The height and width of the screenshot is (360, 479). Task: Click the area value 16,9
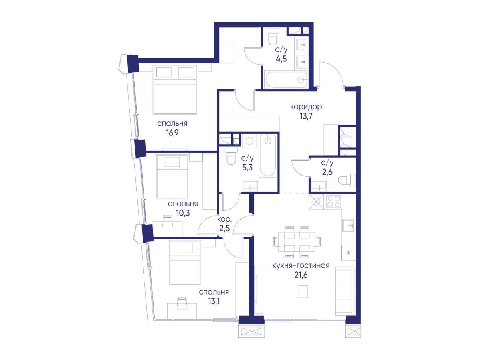coord(172,133)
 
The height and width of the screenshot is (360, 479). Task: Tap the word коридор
coord(306,107)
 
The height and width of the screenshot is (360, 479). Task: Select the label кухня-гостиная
coord(301,266)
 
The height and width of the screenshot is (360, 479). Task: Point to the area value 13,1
coord(214,302)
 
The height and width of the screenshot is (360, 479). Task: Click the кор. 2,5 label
coord(224,224)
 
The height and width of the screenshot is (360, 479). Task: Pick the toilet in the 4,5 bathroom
coord(273,39)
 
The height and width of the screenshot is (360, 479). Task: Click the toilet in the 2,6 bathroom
coord(347,180)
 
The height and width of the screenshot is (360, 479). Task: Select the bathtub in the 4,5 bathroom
coord(286,80)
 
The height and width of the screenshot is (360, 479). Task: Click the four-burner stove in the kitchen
coord(334,201)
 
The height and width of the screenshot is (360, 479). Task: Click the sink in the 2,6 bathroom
coord(319,186)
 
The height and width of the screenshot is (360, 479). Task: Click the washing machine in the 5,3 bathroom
coord(249,141)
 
